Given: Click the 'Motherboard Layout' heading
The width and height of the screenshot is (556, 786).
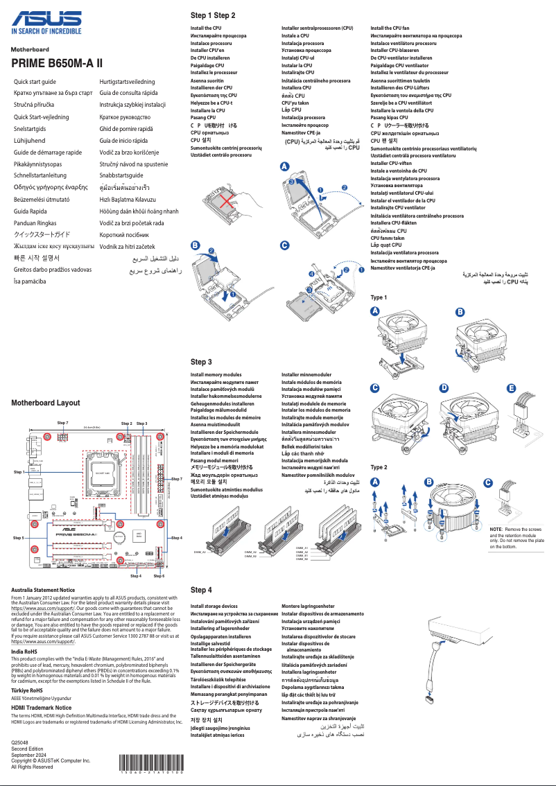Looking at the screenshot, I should (x=46, y=403).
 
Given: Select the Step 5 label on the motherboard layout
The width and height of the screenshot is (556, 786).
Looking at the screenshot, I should (x=19, y=537).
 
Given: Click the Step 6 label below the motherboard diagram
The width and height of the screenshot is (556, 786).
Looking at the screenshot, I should (x=159, y=576).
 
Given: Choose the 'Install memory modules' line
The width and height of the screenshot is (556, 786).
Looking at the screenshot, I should (x=216, y=374).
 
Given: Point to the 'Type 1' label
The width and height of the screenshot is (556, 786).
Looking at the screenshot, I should (x=379, y=297).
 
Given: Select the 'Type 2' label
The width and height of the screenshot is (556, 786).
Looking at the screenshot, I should (x=379, y=467).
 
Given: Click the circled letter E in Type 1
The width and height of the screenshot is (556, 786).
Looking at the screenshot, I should (x=512, y=387).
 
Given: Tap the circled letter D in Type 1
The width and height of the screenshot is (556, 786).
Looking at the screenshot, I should (x=444, y=387).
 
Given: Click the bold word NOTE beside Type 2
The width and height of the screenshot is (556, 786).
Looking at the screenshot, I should (x=496, y=529).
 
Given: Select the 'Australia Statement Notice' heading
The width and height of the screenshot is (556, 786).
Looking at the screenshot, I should (x=43, y=590).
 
